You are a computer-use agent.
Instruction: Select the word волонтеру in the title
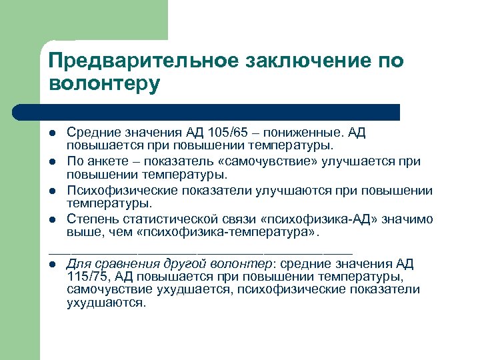coord(105,85)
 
